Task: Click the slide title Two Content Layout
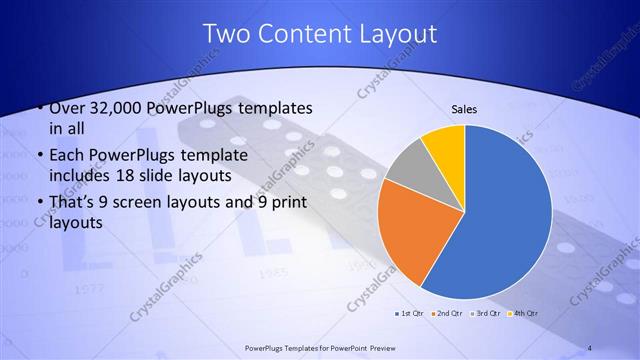(x=320, y=33)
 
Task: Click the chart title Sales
(x=463, y=108)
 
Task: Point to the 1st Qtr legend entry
(x=412, y=313)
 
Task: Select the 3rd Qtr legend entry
(x=486, y=313)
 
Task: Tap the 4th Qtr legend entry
(x=524, y=313)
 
